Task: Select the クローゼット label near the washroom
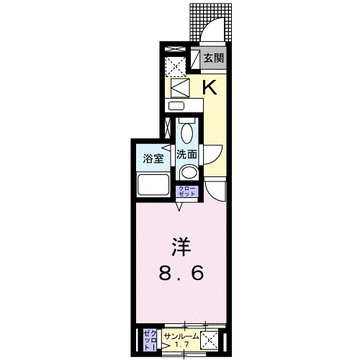[x=186, y=192]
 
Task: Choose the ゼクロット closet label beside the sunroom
[x=149, y=338]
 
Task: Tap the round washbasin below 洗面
[x=188, y=171]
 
